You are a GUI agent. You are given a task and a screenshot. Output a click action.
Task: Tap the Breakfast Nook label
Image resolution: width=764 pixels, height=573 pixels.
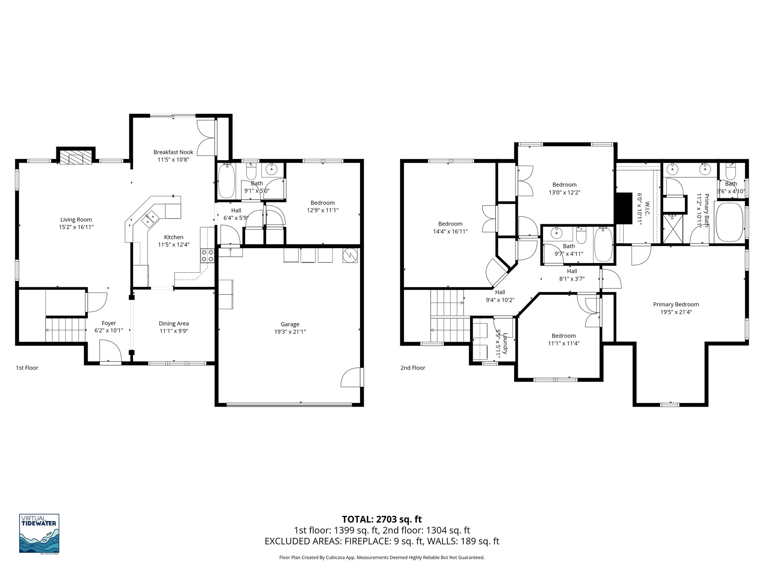pyautogui.click(x=173, y=152)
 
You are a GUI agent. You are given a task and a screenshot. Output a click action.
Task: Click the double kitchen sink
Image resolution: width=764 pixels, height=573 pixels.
pyautogui.click(x=151, y=219)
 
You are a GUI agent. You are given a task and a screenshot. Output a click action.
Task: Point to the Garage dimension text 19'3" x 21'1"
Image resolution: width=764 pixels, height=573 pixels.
pyautogui.click(x=290, y=332)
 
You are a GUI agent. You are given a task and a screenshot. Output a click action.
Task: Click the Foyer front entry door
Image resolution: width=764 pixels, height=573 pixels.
pyautogui.click(x=111, y=352)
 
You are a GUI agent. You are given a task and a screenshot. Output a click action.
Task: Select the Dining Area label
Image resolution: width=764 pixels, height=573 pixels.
pyautogui.click(x=174, y=323)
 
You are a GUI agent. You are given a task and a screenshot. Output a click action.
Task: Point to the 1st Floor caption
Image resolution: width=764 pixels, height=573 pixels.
pyautogui.click(x=27, y=368)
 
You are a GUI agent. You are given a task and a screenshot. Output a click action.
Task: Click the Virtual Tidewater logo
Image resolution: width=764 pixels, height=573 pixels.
pyautogui.click(x=39, y=533)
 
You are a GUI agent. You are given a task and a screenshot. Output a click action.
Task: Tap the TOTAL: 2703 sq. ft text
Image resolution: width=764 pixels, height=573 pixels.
pyautogui.click(x=382, y=519)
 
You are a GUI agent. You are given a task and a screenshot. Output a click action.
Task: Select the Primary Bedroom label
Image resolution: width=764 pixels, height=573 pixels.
pyautogui.click(x=676, y=304)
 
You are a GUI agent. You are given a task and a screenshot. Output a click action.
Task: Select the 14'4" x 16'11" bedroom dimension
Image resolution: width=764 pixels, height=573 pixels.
pyautogui.click(x=450, y=231)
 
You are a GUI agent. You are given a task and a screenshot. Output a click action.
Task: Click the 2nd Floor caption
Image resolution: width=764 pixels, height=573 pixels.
pyautogui.click(x=413, y=368)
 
